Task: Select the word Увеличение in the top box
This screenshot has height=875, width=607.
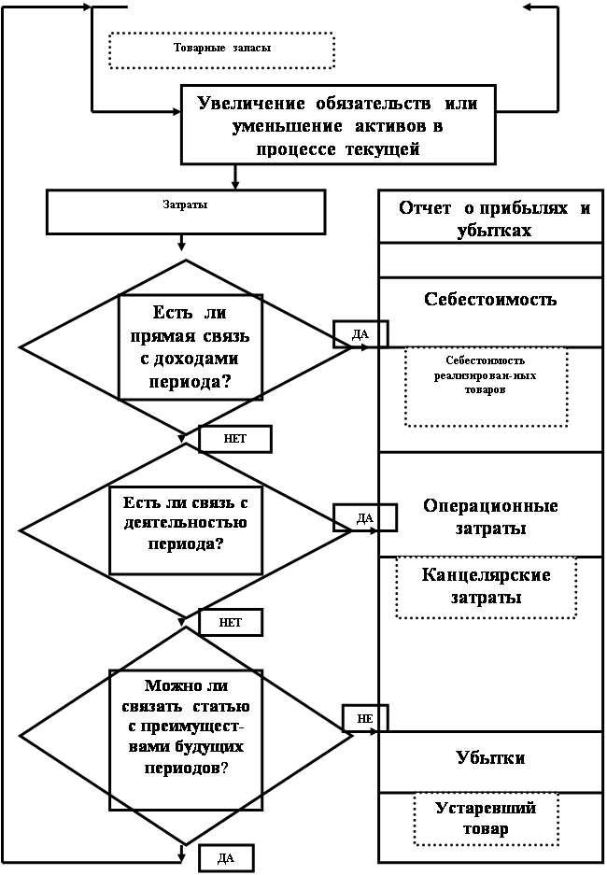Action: pos(251,104)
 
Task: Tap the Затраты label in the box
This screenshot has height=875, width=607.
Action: pos(185,205)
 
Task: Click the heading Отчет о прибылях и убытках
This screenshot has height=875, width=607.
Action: pos(494,219)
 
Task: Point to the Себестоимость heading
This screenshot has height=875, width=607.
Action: pos(490,299)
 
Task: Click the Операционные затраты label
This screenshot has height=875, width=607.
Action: pos(490,516)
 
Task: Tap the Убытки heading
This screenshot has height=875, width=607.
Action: pos(490,758)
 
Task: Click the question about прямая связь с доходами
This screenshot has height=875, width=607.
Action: pos(190,347)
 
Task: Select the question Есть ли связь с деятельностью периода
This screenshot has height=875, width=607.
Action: pos(186,523)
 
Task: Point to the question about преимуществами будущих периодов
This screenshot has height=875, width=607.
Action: pos(186,727)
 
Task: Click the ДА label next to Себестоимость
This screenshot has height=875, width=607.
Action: pos(360,334)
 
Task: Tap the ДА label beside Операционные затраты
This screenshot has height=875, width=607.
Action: pos(365,518)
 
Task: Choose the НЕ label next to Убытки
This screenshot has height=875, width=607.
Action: pos(365,719)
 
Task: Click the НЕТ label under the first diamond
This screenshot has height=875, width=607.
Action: pos(235,439)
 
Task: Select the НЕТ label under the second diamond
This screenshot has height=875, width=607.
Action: pos(231,623)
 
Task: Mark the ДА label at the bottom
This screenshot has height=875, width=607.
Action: pos(226,858)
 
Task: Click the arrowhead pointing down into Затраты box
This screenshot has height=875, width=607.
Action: pos(235,184)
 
